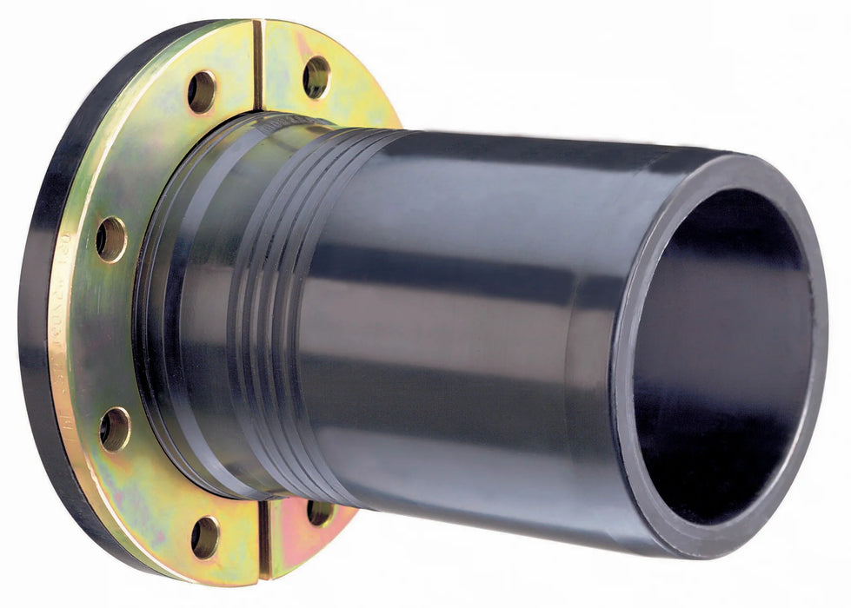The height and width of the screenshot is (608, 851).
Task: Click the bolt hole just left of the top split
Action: pos(202,91)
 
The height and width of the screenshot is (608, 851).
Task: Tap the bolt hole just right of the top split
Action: pos(316,76)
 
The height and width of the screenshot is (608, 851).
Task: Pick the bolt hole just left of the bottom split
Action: pos(205,537)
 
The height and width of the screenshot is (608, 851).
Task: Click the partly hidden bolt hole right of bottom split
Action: pos(320,512)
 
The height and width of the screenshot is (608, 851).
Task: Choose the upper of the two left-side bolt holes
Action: pos(110,239)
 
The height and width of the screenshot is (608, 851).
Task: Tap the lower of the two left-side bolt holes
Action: pos(115,429)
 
